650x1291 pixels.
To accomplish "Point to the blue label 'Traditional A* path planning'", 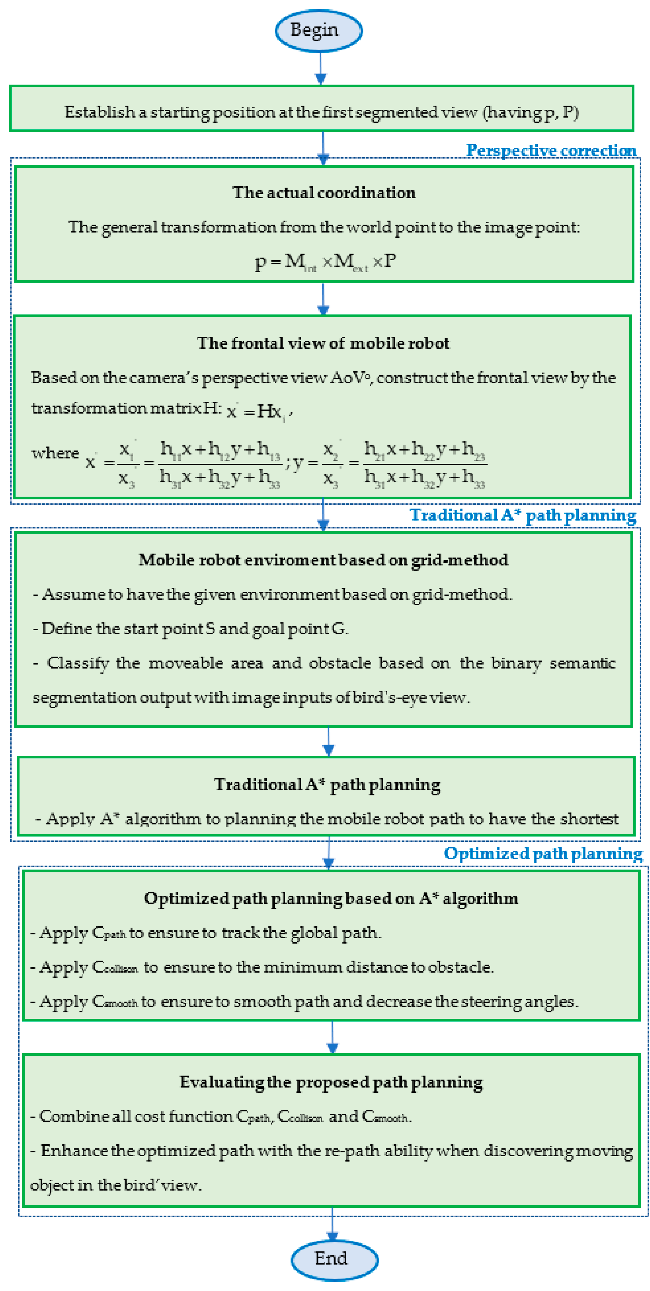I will point(523,515).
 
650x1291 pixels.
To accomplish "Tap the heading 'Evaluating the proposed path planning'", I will point(331,1082).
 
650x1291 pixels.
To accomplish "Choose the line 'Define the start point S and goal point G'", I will point(191,629).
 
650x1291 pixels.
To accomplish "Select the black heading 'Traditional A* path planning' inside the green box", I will point(327,784).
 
